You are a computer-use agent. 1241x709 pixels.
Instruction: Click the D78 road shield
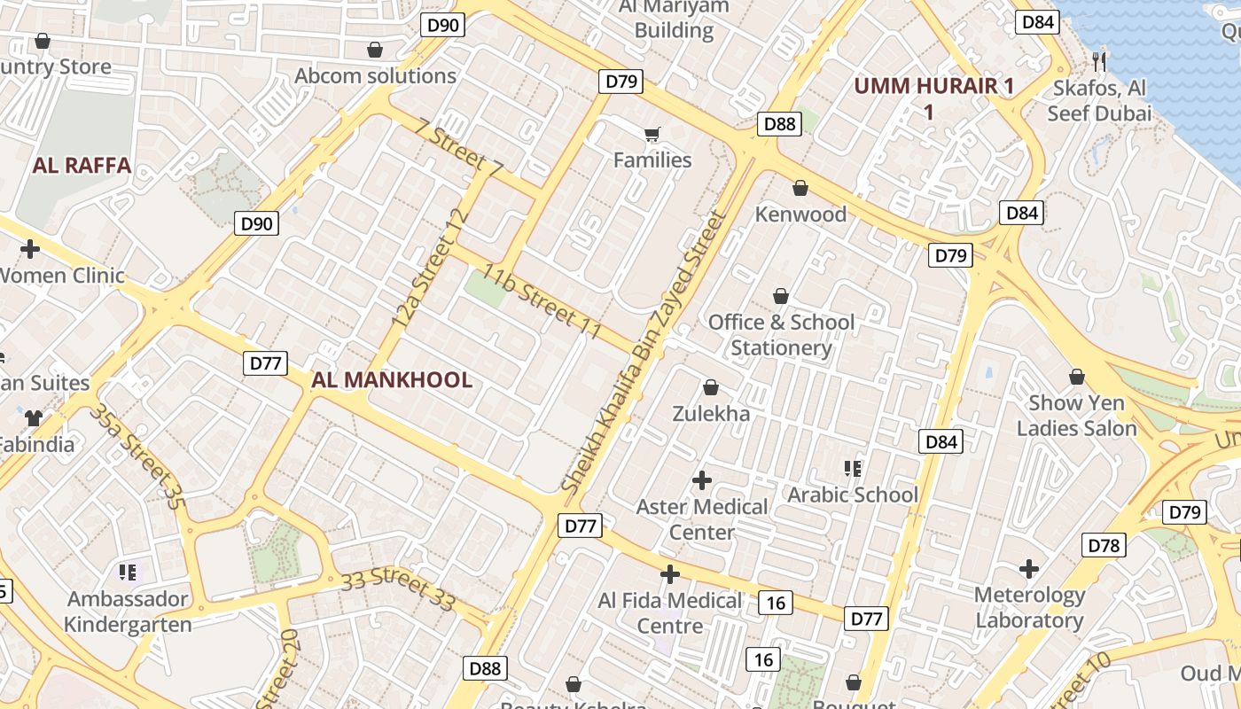tap(1104, 546)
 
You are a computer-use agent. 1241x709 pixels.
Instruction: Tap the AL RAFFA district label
tap(82, 165)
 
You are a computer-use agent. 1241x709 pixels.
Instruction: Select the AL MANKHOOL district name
tap(392, 380)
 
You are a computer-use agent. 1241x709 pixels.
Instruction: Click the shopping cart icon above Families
tap(652, 135)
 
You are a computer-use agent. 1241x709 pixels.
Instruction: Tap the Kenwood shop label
tap(800, 214)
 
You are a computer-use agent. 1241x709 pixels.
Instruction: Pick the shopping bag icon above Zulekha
tap(711, 387)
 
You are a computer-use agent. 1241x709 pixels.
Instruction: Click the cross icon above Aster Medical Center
tap(702, 480)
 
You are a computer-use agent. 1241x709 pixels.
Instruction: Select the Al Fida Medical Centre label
tap(670, 613)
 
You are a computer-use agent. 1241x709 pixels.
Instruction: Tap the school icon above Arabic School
tap(853, 468)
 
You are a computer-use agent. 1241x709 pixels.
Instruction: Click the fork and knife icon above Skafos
tap(1099, 60)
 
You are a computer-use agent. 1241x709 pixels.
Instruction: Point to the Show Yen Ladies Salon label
tap(1076, 416)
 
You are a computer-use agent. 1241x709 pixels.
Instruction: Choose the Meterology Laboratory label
tap(1029, 607)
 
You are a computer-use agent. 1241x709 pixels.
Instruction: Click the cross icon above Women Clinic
tap(30, 248)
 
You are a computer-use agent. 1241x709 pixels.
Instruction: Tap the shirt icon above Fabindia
tap(34, 417)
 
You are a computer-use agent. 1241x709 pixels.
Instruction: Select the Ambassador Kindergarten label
tap(128, 612)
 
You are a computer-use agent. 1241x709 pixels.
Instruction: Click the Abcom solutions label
tap(375, 76)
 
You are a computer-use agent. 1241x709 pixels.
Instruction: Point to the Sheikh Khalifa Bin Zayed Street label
tap(644, 352)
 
